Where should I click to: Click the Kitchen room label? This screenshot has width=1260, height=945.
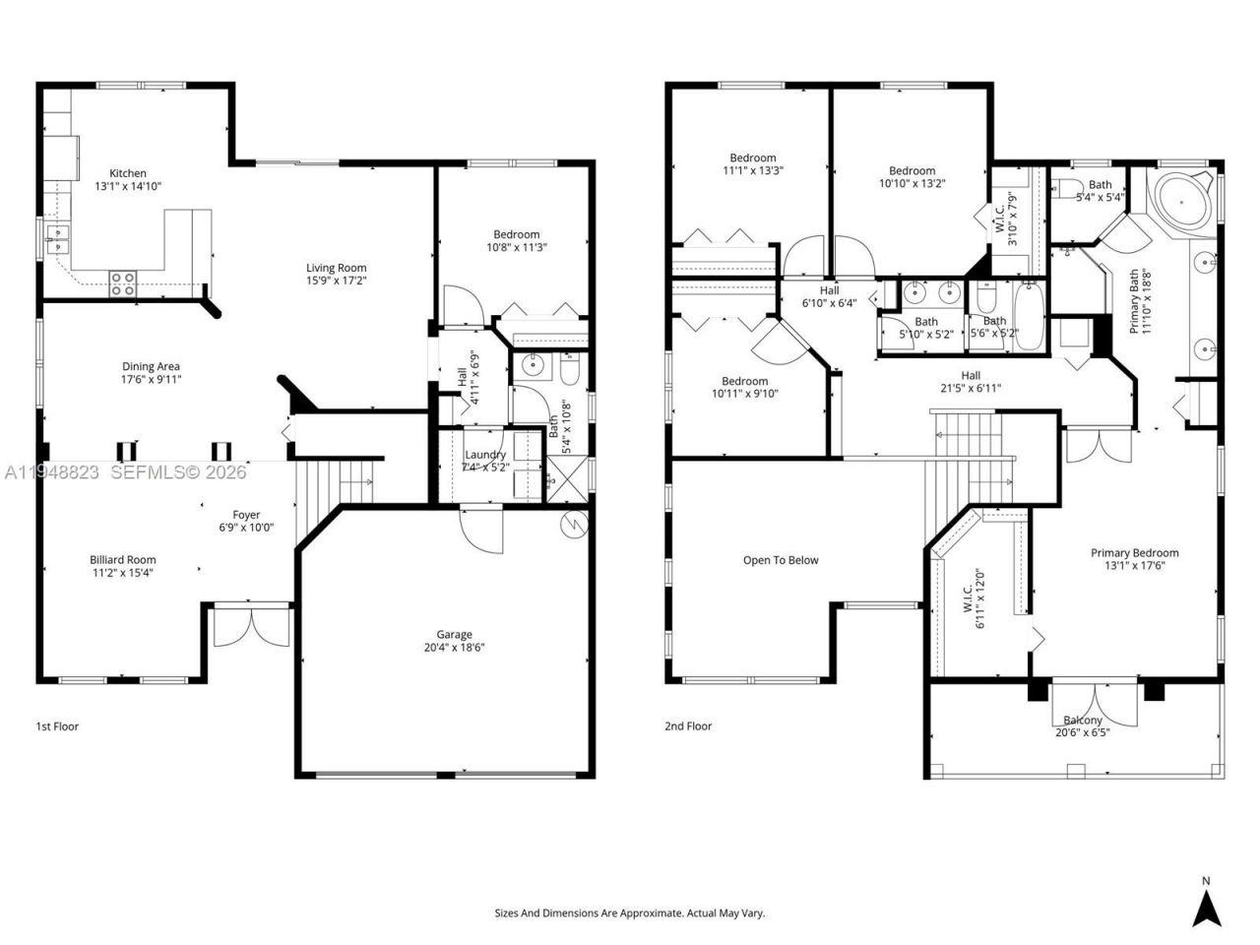(128, 173)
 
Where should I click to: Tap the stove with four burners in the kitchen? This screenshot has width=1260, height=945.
(122, 283)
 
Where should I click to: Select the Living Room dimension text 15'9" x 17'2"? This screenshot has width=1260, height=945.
(336, 282)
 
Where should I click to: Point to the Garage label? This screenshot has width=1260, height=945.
(454, 634)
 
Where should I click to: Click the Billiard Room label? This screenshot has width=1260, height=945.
(122, 560)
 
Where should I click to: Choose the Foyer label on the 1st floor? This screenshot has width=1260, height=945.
(246, 515)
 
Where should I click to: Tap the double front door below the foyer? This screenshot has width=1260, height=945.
(253, 627)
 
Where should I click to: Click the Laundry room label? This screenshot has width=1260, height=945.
(485, 455)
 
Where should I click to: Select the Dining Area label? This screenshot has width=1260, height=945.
(151, 367)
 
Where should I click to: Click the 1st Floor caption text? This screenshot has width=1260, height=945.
(57, 726)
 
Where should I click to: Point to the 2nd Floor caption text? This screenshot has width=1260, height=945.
(687, 726)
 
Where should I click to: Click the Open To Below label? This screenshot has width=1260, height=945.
(781, 560)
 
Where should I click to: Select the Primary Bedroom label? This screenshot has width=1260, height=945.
(1134, 553)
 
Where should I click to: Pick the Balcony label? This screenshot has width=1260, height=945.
(1080, 721)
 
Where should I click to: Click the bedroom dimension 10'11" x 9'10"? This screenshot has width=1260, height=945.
(744, 394)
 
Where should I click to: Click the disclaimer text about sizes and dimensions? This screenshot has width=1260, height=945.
(629, 913)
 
